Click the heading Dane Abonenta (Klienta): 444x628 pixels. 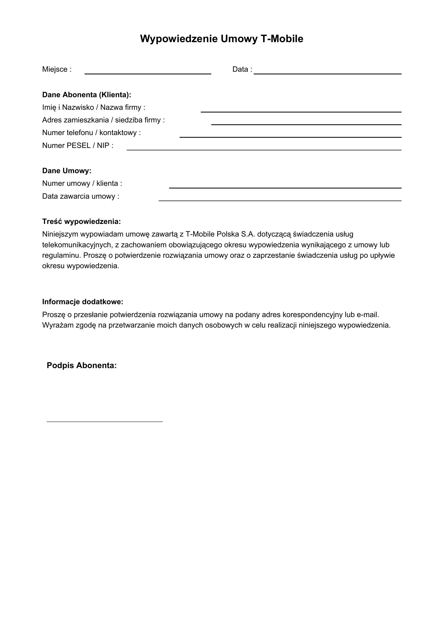[87, 95]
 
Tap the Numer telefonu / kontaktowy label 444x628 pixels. [91, 133]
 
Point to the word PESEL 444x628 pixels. [78, 146]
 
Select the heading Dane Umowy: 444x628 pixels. [67, 171]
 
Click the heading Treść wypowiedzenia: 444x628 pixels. [82, 221]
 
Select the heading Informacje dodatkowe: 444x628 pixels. [83, 302]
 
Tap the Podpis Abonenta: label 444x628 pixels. [82, 365]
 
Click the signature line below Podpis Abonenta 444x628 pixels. [105, 421]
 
